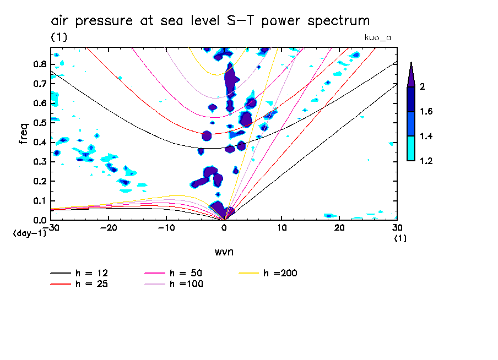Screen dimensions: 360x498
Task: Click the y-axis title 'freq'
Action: point(24,133)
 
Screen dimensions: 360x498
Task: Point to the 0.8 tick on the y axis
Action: point(40,64)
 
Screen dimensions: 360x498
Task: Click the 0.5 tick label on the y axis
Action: point(40,122)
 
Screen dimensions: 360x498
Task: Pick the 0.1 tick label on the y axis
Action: point(40,200)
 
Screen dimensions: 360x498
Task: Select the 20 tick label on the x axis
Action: point(339,228)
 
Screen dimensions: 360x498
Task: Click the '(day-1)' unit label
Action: point(30,233)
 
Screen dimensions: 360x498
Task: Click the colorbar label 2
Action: point(423,87)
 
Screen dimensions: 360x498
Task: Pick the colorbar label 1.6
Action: point(426,112)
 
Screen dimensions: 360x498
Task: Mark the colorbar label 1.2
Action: point(426,161)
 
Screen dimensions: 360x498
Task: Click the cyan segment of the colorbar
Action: point(411,149)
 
